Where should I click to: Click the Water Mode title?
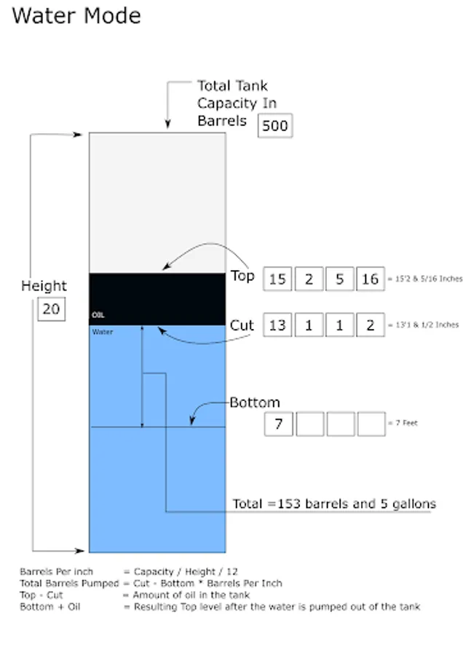point(76,16)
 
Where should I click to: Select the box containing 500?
point(275,125)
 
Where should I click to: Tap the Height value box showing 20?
point(52,309)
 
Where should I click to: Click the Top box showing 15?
point(277,279)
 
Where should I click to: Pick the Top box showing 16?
point(371,279)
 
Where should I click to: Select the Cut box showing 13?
point(277,325)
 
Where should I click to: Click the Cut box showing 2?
point(371,325)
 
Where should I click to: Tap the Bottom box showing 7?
point(279,424)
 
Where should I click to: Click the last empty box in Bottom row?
point(371,424)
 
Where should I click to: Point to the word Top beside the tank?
point(242,276)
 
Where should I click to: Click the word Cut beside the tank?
point(242,325)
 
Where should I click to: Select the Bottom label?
point(255,402)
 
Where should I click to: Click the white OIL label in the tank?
point(98,315)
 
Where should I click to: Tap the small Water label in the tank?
point(103,332)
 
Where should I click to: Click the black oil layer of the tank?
point(157,299)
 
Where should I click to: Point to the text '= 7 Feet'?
point(403,423)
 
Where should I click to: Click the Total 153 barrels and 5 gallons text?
point(334,504)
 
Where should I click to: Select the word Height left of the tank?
point(44,286)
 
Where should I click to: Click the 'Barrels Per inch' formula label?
point(56,571)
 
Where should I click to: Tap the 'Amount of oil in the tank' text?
point(191,595)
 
